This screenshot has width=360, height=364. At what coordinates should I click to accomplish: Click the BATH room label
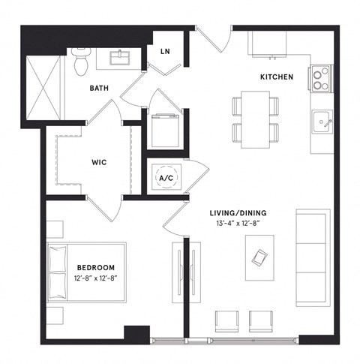99,88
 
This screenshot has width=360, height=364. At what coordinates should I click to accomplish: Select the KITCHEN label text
277,77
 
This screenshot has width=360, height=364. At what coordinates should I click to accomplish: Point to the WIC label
101,161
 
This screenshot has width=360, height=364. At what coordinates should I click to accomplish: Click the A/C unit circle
165,178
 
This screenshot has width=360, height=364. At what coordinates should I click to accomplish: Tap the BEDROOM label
95,268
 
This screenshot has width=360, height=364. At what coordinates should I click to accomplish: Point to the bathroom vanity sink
121,58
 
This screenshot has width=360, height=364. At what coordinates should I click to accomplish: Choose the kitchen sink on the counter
322,121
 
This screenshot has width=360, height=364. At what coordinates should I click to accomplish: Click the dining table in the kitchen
255,116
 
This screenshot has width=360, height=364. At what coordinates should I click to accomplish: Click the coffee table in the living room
259,257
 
